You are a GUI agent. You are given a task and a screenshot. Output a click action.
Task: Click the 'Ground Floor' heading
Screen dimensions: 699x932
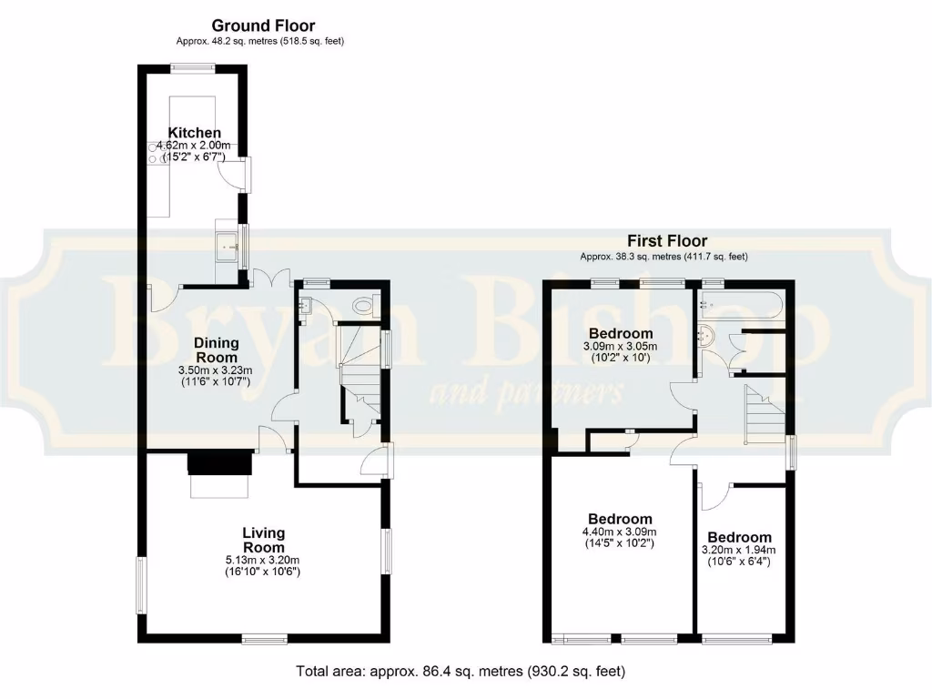pyautogui.click(x=263, y=25)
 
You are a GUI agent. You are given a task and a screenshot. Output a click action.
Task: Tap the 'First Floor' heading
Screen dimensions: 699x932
pyautogui.click(x=667, y=241)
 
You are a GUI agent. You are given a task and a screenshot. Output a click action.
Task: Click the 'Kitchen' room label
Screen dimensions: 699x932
pyautogui.click(x=194, y=133)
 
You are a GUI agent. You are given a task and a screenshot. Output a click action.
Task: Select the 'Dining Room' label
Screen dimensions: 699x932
pyautogui.click(x=217, y=349)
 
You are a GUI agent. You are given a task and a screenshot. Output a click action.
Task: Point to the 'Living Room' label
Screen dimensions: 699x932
pyautogui.click(x=263, y=540)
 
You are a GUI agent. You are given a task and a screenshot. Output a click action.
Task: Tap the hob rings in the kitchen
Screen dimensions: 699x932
pyautogui.click(x=154, y=157)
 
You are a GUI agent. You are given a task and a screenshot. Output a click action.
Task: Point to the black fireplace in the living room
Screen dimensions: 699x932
pyautogui.click(x=219, y=463)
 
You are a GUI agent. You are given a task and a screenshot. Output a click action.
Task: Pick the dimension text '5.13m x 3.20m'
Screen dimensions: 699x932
pyautogui.click(x=263, y=560)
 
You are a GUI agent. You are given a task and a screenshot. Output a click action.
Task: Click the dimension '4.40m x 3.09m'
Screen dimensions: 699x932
pyautogui.click(x=619, y=532)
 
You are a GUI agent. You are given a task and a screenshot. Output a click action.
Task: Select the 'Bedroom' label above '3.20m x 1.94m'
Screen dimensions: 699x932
pyautogui.click(x=739, y=537)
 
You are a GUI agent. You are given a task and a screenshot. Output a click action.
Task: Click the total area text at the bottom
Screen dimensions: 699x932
pyautogui.click(x=461, y=672)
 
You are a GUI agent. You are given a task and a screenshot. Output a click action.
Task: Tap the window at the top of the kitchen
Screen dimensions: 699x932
pyautogui.click(x=193, y=66)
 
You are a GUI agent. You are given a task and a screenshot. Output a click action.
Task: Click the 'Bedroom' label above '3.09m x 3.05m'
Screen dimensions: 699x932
pyautogui.click(x=621, y=333)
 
